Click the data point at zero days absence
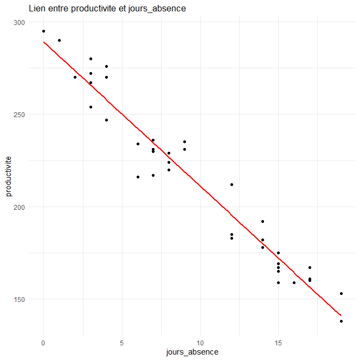[x=43, y=31]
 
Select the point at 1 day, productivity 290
[x=59, y=40]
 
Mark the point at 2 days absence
[x=75, y=77]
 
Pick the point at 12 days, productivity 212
[x=232, y=184]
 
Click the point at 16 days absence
[x=294, y=282]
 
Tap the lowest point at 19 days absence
[x=341, y=321]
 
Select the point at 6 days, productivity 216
[x=138, y=177]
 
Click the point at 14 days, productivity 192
[x=262, y=221]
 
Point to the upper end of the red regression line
[x=44, y=42]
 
